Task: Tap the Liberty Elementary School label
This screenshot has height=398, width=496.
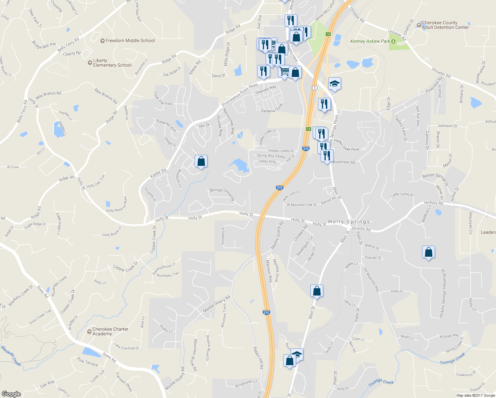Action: tap(112, 63)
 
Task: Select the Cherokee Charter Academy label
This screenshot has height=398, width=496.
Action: tap(110, 331)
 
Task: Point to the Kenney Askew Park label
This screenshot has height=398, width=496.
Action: tap(370, 41)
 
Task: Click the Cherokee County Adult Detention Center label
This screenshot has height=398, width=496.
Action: tap(445, 25)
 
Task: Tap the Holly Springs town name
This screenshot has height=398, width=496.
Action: tap(349, 222)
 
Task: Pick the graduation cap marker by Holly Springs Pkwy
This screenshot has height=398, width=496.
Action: tap(335, 84)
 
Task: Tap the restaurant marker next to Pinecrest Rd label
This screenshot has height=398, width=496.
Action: tap(327, 156)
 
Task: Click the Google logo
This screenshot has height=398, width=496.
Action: tap(11, 394)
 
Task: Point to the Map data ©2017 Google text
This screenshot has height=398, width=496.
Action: tap(475, 395)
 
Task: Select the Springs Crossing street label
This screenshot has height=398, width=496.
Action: tap(222, 194)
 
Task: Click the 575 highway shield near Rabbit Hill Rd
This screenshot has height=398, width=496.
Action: tap(266, 312)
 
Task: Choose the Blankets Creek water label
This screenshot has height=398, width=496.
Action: tap(11, 356)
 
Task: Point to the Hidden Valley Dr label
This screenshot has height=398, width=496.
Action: tap(281, 151)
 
